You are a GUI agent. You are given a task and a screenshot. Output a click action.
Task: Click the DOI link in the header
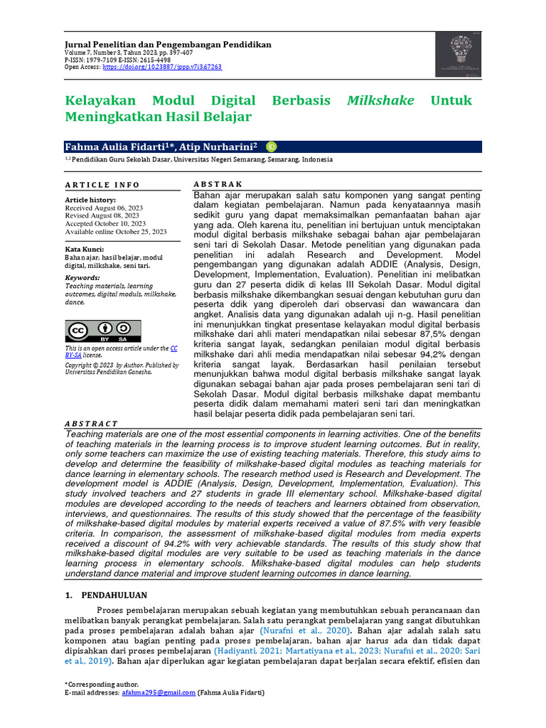(x=162, y=67)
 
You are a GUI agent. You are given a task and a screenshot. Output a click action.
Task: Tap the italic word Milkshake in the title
(x=380, y=100)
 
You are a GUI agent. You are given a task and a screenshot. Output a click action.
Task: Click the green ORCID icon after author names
(x=271, y=146)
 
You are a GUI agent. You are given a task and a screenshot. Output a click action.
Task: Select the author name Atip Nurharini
(x=218, y=146)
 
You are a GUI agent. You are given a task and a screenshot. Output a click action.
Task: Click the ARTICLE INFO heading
(x=102, y=185)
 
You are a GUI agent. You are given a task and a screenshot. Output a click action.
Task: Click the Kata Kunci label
(x=85, y=250)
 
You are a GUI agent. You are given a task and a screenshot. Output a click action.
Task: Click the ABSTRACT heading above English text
(x=91, y=424)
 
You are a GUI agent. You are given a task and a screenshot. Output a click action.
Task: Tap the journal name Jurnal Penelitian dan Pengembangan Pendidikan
(x=168, y=44)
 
